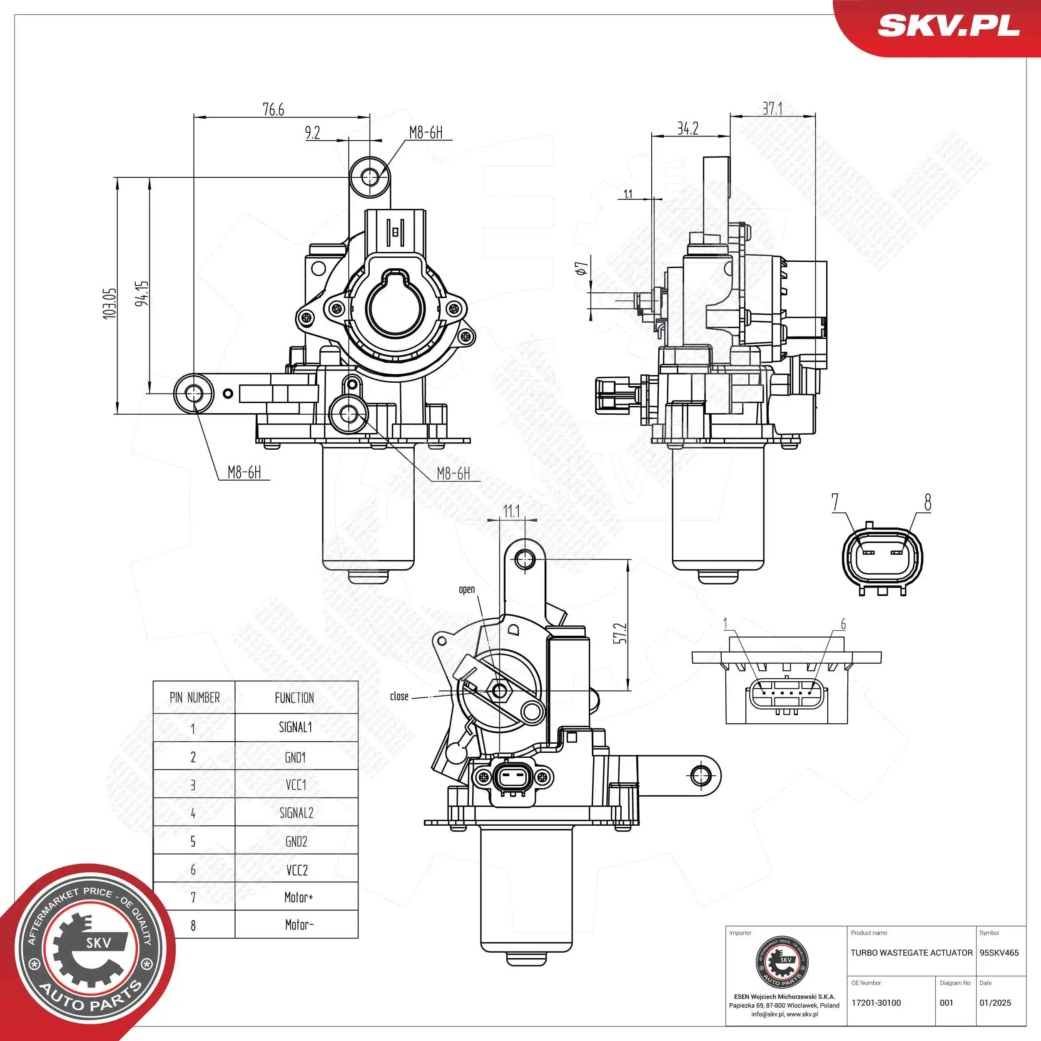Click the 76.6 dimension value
click(x=273, y=110)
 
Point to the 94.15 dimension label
click(x=142, y=293)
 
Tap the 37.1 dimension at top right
click(x=772, y=108)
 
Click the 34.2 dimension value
click(x=687, y=128)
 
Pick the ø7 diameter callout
click(x=581, y=268)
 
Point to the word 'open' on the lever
click(x=467, y=590)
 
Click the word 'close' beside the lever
click(x=399, y=696)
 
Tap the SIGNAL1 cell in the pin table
click(x=295, y=727)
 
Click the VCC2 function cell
click(x=296, y=870)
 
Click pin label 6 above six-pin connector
click(x=843, y=625)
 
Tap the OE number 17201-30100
click(x=876, y=1003)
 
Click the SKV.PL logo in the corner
click(x=948, y=25)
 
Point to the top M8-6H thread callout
click(x=426, y=132)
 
